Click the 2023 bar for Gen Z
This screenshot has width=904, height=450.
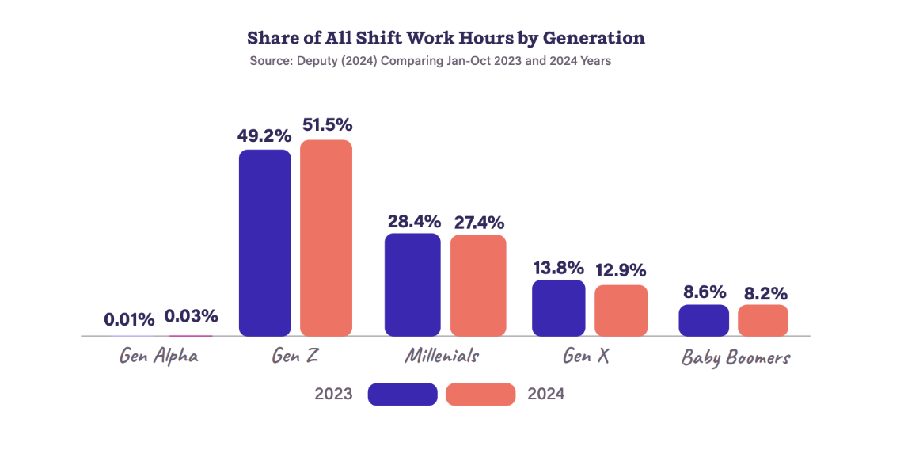tap(264, 242)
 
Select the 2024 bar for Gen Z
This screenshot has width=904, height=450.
tap(325, 238)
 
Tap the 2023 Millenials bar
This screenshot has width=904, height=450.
tap(412, 284)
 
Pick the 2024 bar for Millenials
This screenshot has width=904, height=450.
tap(477, 285)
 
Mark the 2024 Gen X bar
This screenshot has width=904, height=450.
tap(621, 311)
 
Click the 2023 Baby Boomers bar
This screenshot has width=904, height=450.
tap(704, 320)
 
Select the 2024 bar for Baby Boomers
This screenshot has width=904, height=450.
tap(763, 320)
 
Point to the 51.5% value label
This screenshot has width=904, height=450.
tap(327, 124)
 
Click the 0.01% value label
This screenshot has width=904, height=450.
tap(130, 319)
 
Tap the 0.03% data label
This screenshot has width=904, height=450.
tap(191, 316)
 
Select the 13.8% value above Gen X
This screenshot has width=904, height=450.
tap(558, 267)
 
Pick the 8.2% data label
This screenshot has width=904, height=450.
tap(763, 294)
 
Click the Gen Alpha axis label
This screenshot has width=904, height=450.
tap(159, 356)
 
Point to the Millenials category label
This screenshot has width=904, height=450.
tap(442, 356)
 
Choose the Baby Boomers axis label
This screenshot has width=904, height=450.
tap(735, 358)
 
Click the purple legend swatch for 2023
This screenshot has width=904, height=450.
tap(402, 394)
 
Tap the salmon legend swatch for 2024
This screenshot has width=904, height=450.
tap(480, 394)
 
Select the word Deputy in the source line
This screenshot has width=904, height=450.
tap(315, 60)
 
